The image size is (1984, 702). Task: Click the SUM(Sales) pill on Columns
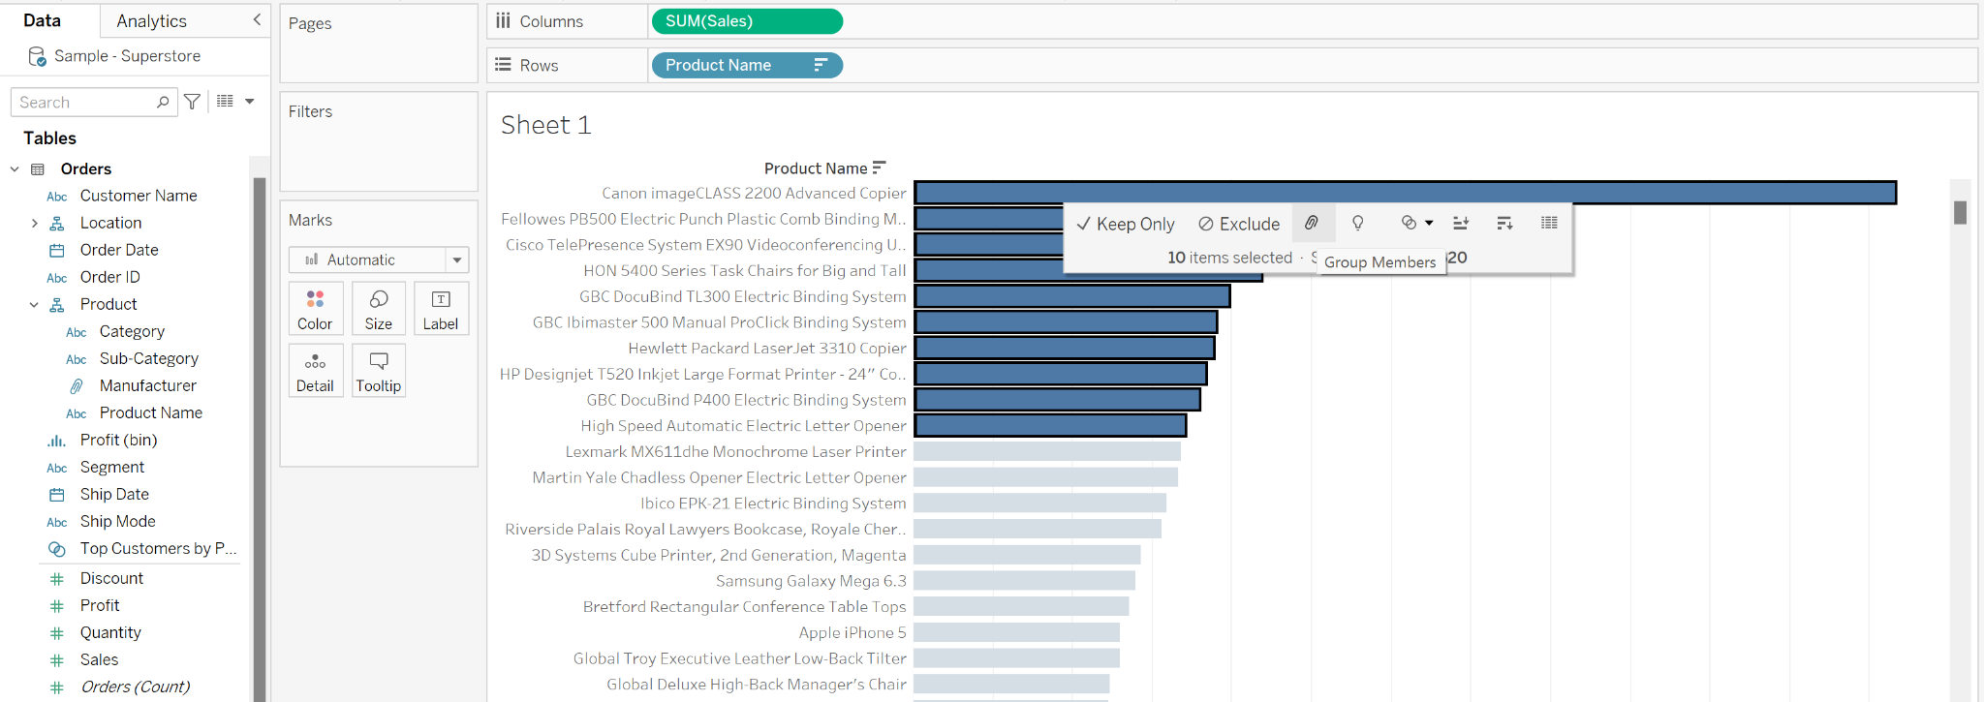click(x=746, y=21)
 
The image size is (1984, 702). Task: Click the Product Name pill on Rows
click(x=746, y=65)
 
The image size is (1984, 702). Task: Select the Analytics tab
click(x=151, y=21)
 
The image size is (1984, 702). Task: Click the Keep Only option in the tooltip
click(x=1126, y=224)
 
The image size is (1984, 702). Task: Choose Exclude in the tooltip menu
click(x=1239, y=224)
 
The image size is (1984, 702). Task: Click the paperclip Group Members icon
click(x=1312, y=223)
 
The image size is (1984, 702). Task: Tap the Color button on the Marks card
click(x=315, y=309)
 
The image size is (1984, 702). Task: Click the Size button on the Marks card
click(x=378, y=309)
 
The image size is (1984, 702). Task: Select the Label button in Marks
click(x=441, y=309)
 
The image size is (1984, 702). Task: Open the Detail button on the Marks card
click(x=315, y=371)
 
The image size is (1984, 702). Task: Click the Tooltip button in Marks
click(x=378, y=371)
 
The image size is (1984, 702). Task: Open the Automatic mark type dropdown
click(x=379, y=259)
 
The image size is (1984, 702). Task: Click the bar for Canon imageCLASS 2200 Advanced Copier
click(x=1405, y=193)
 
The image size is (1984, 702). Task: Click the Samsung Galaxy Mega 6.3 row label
click(x=811, y=581)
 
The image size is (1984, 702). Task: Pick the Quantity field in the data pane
click(x=110, y=632)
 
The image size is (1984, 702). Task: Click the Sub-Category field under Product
click(x=148, y=358)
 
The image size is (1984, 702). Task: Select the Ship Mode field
click(x=117, y=521)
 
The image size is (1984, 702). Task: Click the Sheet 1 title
click(x=545, y=125)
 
